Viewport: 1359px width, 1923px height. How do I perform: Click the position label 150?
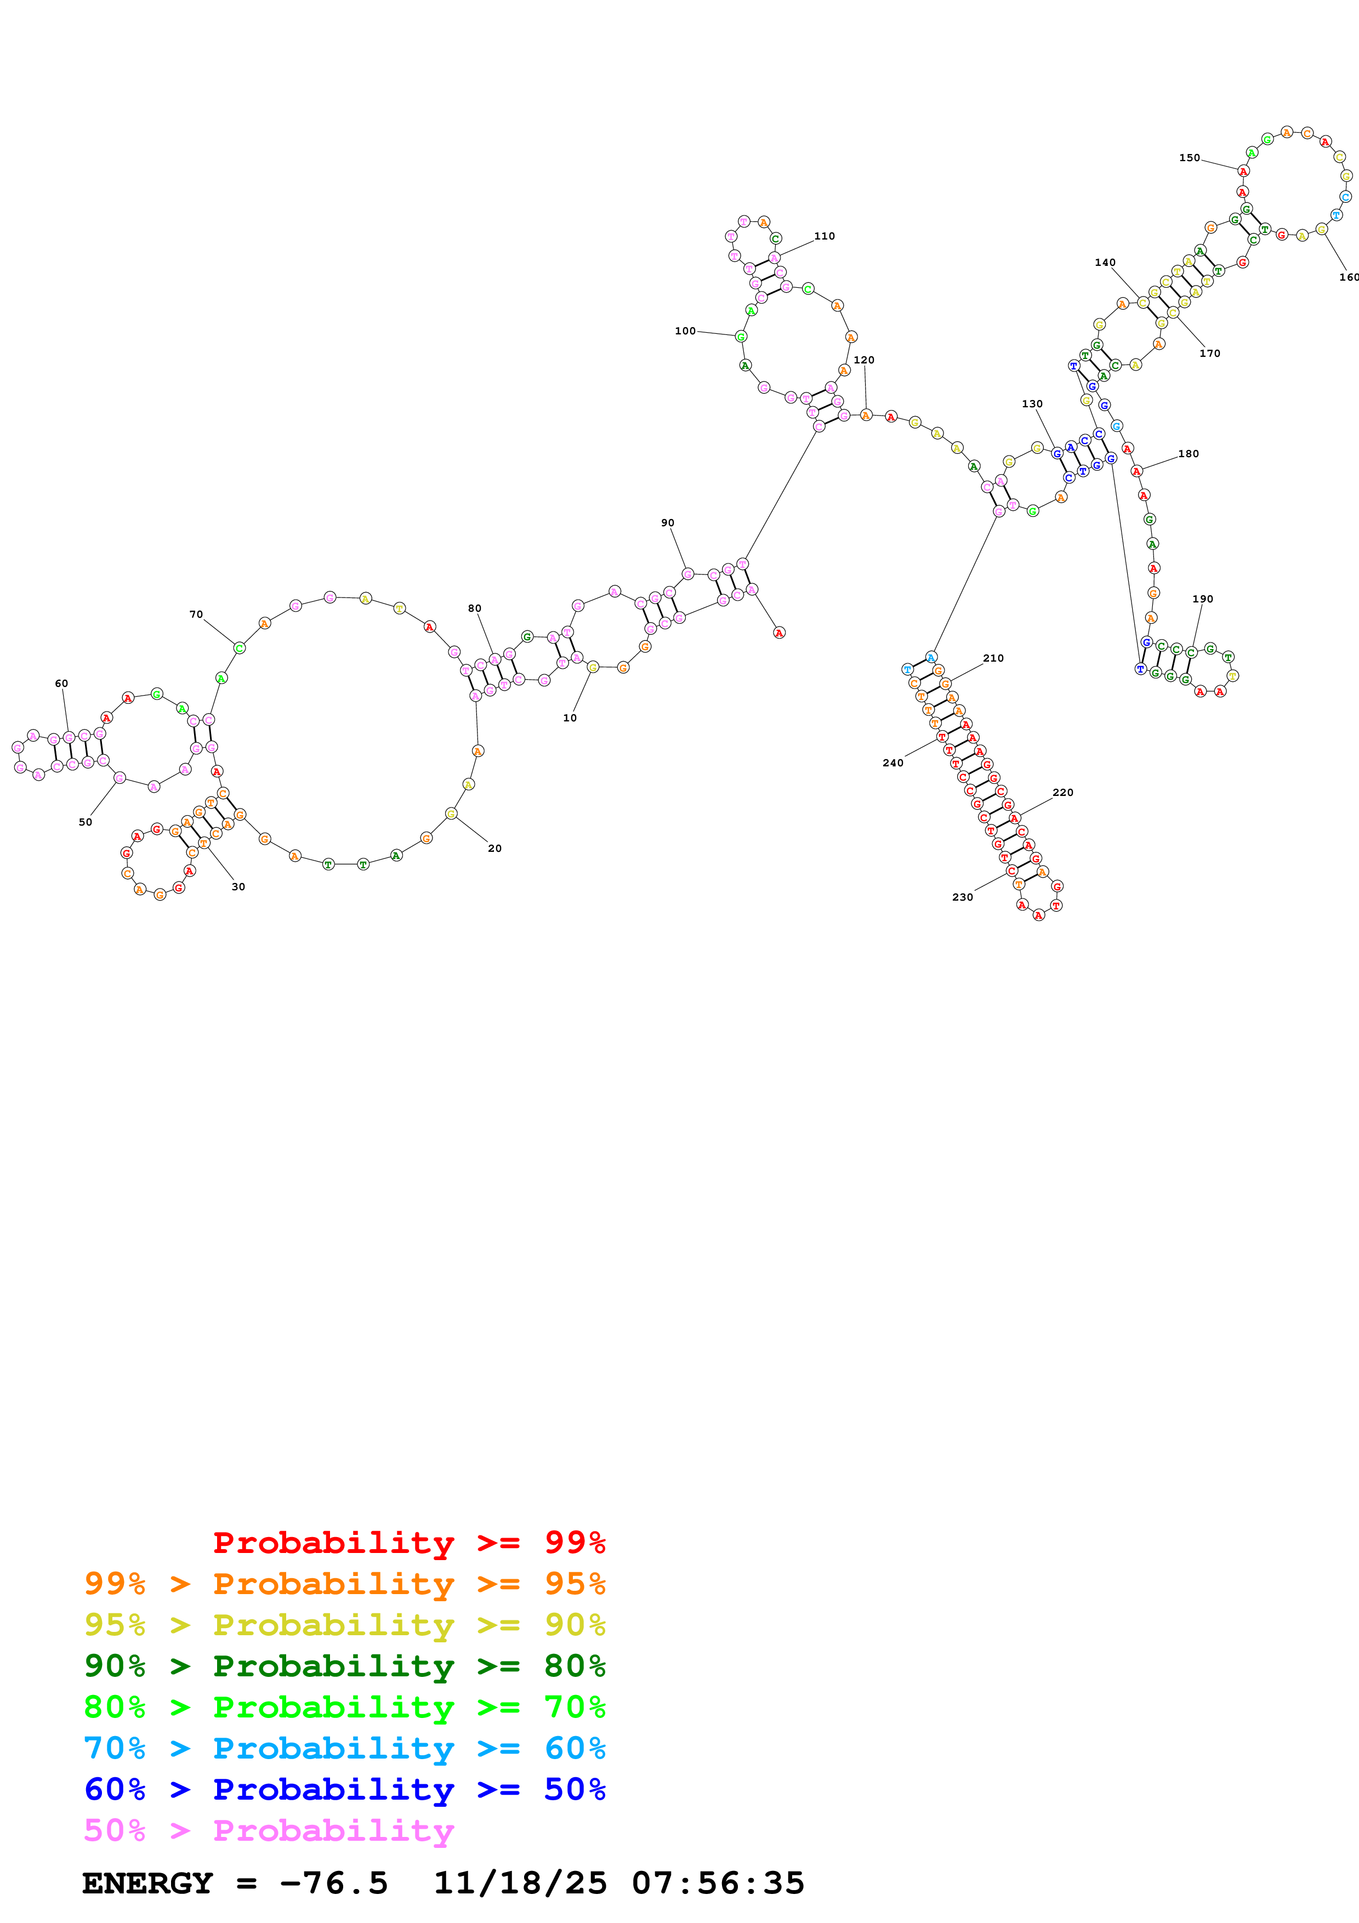coord(1189,157)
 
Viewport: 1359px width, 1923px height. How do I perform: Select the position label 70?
coord(196,614)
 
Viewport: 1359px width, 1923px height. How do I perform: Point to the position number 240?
coord(892,763)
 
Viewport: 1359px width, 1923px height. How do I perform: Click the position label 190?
coord(1202,599)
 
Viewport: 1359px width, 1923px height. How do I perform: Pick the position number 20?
coord(495,849)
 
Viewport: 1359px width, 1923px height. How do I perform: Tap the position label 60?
coord(61,684)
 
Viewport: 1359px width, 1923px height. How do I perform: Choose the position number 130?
coord(1032,403)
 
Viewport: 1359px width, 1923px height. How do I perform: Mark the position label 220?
coord(1062,792)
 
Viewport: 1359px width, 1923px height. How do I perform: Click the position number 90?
coord(667,522)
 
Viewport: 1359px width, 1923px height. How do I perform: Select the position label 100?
coord(685,331)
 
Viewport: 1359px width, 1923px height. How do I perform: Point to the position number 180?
coord(1188,454)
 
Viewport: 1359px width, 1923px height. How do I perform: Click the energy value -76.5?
coord(334,1883)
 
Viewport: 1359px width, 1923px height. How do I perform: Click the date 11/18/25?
coord(520,1883)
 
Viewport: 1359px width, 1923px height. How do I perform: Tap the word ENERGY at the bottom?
coord(147,1883)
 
